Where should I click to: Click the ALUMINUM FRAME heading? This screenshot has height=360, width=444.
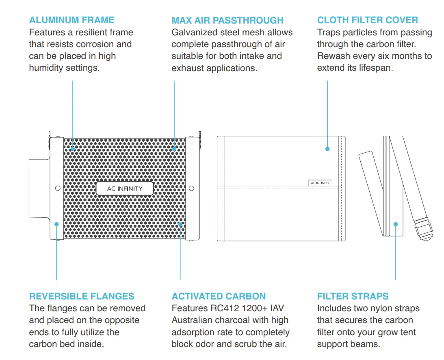pyautogui.click(x=71, y=20)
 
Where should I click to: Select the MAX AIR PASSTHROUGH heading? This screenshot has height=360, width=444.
pyautogui.click(x=227, y=20)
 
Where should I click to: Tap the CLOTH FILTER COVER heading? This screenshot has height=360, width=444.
pyautogui.click(x=367, y=20)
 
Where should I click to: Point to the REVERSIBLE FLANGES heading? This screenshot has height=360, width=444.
pyautogui.click(x=82, y=296)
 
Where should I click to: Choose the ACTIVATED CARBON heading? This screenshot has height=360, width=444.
pyautogui.click(x=219, y=296)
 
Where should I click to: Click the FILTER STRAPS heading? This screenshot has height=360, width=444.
pyautogui.click(x=353, y=296)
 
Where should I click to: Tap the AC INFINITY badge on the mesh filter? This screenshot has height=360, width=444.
pyautogui.click(x=125, y=189)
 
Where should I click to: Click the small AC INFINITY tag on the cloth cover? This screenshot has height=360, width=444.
pyautogui.click(x=320, y=183)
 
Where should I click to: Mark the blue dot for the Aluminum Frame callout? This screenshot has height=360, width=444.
pyautogui.click(x=73, y=149)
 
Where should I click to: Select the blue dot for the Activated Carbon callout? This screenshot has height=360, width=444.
pyautogui.click(x=180, y=224)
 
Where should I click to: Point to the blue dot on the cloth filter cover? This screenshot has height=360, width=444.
pyautogui.click(x=327, y=149)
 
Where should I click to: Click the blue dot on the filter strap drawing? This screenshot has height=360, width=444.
pyautogui.click(x=396, y=224)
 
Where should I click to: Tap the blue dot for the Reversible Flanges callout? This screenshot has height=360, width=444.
pyautogui.click(x=56, y=224)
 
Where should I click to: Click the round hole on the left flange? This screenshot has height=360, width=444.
pyautogui.click(x=57, y=188)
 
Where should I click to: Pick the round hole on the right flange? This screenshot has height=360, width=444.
pyautogui.click(x=192, y=188)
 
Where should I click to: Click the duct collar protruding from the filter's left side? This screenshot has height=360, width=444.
pyautogui.click(x=39, y=188)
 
